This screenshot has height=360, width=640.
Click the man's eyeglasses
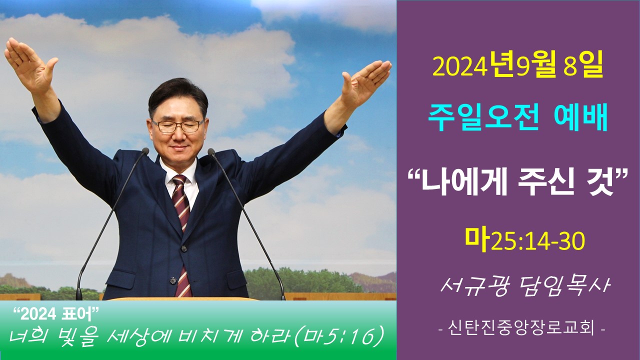coord(177,125)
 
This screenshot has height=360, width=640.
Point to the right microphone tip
coord(211,151)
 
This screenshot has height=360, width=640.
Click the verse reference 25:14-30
coord(537,241)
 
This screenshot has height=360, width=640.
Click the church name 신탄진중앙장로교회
coord(521,328)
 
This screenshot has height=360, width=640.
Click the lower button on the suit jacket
coord(173,280)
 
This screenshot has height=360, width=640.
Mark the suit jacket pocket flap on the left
coord(119,275)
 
